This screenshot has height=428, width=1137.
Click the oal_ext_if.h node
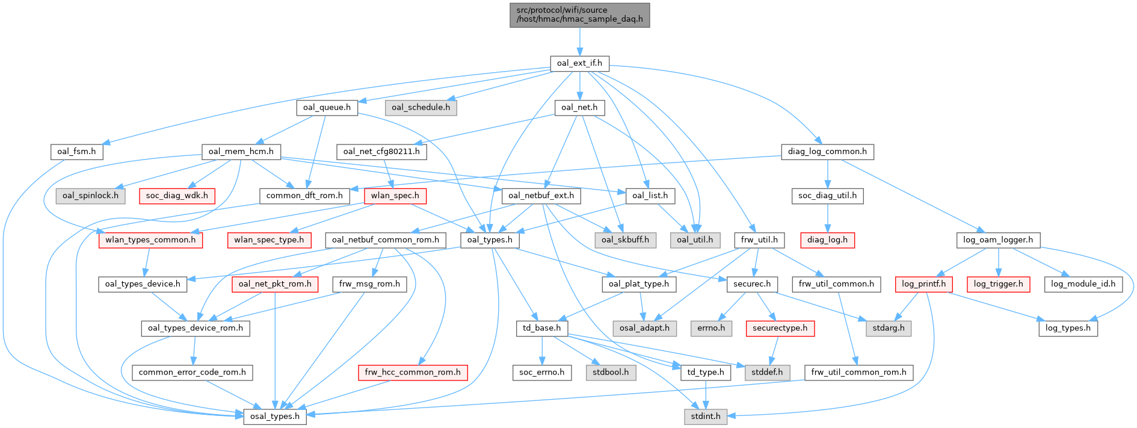(x=579, y=63)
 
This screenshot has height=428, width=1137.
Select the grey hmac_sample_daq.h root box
(x=579, y=14)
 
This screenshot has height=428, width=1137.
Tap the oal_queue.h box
(x=327, y=107)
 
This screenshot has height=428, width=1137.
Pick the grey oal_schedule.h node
(x=421, y=107)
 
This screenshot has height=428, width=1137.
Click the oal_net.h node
(x=579, y=107)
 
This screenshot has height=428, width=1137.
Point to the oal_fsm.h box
(x=76, y=151)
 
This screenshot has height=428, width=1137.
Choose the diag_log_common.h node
(x=827, y=151)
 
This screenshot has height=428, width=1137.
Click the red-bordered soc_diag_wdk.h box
(x=177, y=196)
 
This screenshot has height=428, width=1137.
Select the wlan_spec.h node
(x=395, y=196)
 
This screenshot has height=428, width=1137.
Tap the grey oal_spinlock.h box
(x=90, y=196)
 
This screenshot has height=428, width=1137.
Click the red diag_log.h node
(x=827, y=240)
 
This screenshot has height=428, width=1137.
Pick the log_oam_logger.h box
(x=998, y=240)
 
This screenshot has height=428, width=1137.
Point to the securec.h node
(x=752, y=284)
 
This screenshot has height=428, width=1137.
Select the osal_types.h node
(x=274, y=416)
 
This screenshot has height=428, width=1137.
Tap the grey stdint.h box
(x=705, y=416)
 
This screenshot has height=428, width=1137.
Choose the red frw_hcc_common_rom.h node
(x=413, y=372)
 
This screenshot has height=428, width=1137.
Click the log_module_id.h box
(x=1083, y=284)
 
